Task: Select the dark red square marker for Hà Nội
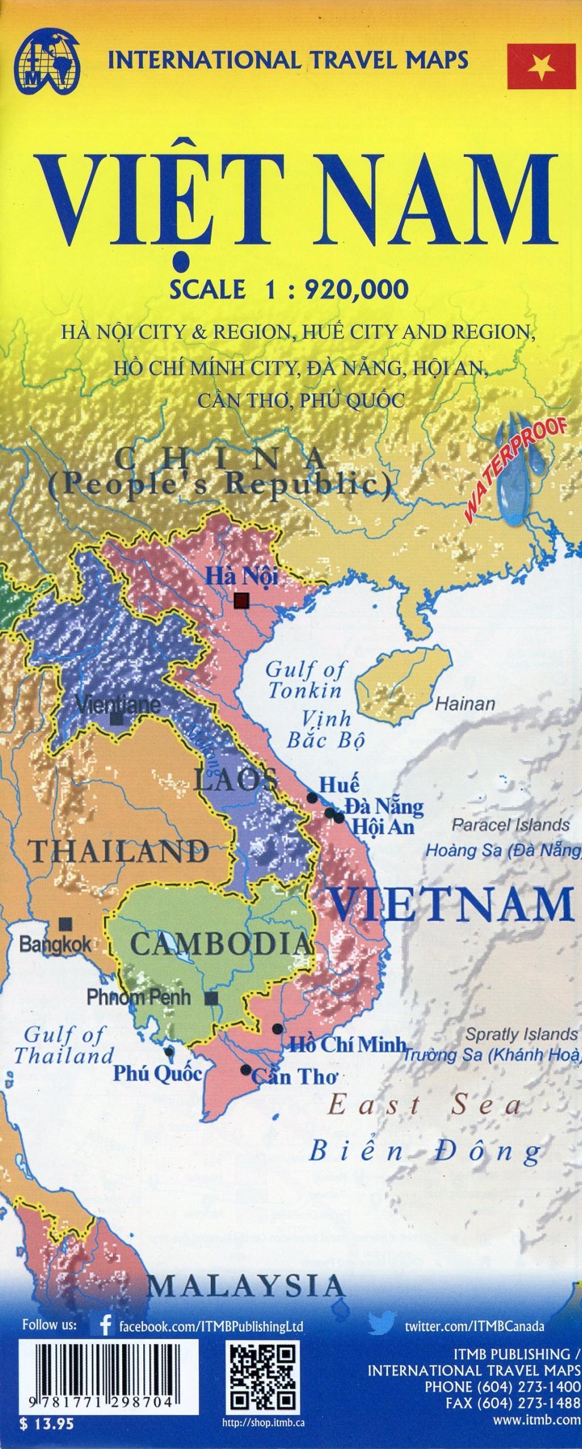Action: coord(242,601)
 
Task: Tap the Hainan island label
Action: coord(465,704)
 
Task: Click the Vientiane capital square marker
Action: coord(117,720)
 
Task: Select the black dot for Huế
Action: coord(312,798)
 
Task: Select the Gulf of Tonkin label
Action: coord(305,680)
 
